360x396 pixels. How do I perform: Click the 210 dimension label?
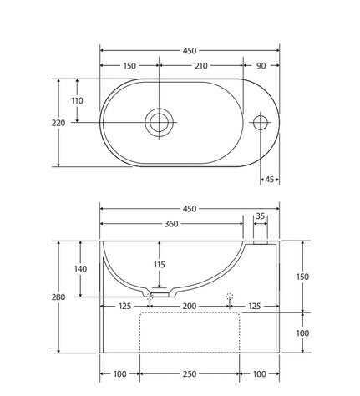(200, 65)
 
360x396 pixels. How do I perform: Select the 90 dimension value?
(261, 65)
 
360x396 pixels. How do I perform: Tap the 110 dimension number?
(78, 100)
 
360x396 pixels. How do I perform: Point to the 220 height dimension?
(58, 123)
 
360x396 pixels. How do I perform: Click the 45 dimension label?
(269, 178)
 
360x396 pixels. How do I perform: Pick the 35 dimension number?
(261, 216)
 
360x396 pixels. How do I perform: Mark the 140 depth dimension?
(79, 269)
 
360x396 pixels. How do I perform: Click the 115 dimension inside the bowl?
(160, 265)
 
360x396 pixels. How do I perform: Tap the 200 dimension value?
(190, 307)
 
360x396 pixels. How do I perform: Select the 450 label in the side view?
(190, 208)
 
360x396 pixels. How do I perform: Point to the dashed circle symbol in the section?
(230, 296)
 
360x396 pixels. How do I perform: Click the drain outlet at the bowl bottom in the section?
(160, 294)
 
